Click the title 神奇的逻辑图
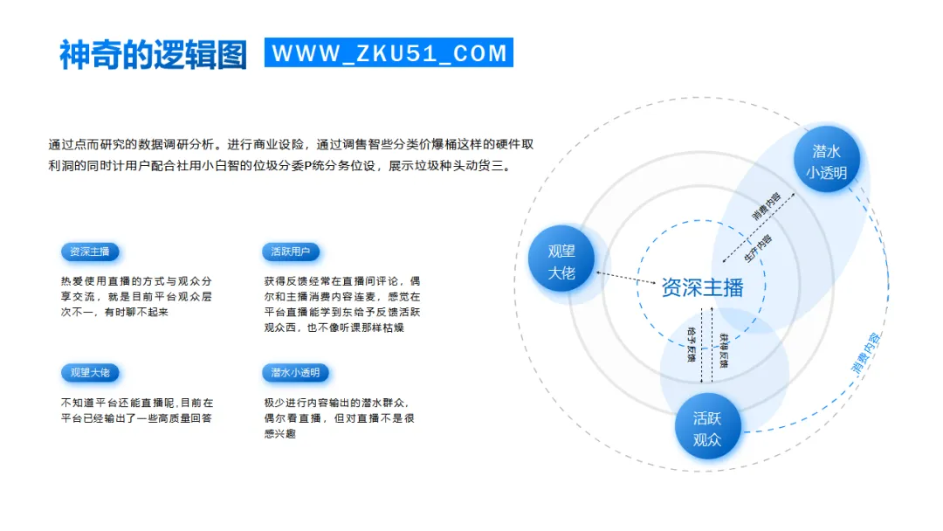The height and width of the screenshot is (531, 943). click(154, 54)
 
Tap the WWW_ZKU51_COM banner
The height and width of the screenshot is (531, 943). click(389, 53)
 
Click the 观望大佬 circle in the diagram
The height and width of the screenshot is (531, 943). click(561, 260)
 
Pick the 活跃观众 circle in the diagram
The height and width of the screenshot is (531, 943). click(707, 428)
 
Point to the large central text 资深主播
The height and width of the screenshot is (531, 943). click(702, 287)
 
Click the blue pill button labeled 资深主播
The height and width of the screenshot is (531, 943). click(90, 252)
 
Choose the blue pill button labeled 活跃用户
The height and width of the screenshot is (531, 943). click(291, 252)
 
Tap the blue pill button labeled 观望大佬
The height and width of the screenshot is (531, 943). click(90, 372)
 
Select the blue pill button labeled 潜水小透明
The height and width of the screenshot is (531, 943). click(295, 372)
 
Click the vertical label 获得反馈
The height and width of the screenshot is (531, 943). click(723, 348)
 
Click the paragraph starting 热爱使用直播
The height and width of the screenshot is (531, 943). click(135, 296)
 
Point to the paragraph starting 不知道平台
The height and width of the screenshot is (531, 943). click(136, 410)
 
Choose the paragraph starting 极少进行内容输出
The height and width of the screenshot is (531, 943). click(339, 417)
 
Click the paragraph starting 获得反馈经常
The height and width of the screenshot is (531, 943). click(341, 304)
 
